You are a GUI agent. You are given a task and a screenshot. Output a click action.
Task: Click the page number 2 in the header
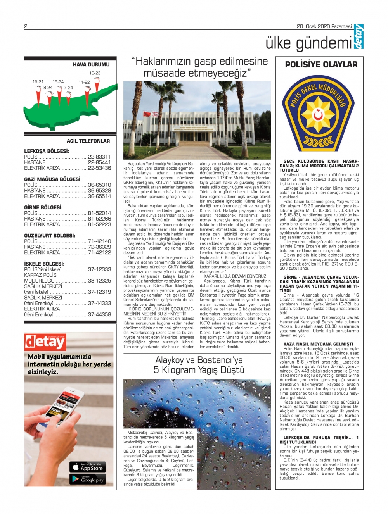pos(26,27)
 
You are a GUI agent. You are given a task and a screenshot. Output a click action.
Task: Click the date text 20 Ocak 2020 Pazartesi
pos(324,27)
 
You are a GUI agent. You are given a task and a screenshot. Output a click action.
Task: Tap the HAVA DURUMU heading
pos(91,65)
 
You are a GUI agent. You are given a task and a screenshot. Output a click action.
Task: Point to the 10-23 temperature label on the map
pos(95,73)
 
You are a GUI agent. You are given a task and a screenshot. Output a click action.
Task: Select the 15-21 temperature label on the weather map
pos(38,82)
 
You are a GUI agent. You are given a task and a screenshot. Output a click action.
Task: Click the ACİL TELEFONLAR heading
pos(88,141)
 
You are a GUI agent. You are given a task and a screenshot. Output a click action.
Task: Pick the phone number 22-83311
pos(99,157)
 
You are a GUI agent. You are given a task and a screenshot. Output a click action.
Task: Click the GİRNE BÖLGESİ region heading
pos(43,207)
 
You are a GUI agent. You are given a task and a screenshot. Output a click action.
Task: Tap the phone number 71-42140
pos(99,241)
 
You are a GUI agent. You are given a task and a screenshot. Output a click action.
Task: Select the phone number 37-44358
pos(99,314)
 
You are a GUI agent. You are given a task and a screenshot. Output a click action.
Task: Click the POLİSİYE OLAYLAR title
pos(321,65)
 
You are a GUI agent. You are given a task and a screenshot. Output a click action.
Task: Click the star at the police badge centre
pos(319,115)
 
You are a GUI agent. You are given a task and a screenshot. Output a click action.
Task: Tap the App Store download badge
pos(88,467)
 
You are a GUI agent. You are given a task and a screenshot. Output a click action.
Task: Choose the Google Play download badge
pos(88,479)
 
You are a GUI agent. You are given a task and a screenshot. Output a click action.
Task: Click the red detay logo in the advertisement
pos(45,342)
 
